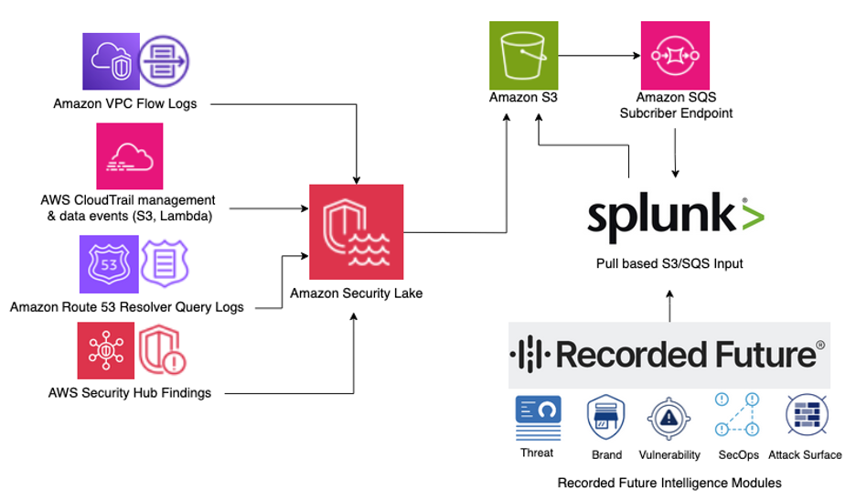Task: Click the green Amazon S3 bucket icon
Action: pos(523,55)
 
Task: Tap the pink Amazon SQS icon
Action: pos(675,55)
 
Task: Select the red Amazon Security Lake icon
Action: pos(357,232)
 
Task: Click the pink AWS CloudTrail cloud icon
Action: pos(129,156)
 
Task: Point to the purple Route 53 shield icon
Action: pos(109,264)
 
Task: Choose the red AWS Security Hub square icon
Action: pos(106,350)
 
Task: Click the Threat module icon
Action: pos(538,418)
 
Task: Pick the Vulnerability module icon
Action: pos(669,419)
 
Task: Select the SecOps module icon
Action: pos(737,414)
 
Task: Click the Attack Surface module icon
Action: pos(807,416)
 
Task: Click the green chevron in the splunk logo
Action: pos(754,217)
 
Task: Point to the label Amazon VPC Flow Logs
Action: pos(125,103)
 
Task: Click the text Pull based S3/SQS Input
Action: pos(669,263)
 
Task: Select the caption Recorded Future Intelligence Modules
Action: pos(669,483)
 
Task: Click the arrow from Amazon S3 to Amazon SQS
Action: pos(599,55)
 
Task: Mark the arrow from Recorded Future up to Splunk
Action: pos(669,306)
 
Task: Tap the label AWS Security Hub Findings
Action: pos(129,393)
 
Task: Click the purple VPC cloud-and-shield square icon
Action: pos(111,61)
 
